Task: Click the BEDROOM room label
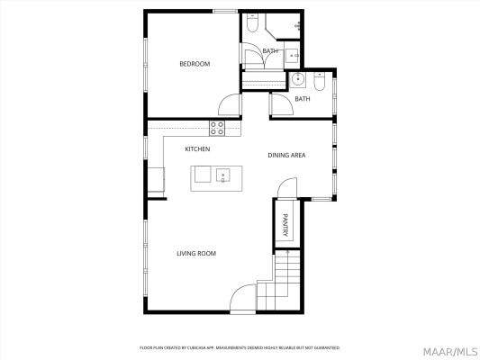click(x=195, y=64)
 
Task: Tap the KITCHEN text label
click(x=197, y=148)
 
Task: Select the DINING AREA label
click(x=286, y=156)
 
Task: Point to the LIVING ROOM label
click(x=195, y=254)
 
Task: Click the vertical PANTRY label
click(x=285, y=223)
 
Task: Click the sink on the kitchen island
click(x=222, y=175)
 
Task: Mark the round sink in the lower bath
click(x=299, y=79)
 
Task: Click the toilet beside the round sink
click(x=320, y=79)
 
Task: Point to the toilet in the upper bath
click(x=252, y=22)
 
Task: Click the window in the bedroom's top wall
click(x=224, y=12)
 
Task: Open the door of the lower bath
click(x=280, y=103)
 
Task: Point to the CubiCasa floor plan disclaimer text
click(x=240, y=347)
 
